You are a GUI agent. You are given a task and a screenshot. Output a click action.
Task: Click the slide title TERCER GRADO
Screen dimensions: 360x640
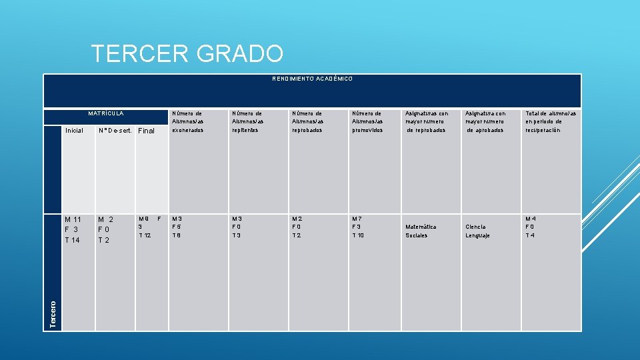187,53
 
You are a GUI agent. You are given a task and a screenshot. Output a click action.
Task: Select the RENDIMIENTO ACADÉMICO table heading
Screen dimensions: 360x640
312,79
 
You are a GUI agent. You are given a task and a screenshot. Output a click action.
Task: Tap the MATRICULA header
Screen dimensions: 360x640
106,113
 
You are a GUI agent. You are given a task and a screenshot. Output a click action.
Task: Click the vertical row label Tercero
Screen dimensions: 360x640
53,313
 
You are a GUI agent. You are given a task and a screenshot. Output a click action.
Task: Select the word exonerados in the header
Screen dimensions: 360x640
187,130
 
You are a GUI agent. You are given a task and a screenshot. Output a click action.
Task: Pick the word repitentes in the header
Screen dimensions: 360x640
246,130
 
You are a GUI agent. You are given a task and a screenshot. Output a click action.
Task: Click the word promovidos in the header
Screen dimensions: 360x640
368,130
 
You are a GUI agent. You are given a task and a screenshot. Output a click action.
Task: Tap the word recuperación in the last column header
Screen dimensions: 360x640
543,130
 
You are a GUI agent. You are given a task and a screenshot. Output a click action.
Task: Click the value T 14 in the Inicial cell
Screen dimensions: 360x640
72,240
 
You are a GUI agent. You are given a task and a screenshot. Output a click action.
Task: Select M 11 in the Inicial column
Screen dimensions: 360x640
73,219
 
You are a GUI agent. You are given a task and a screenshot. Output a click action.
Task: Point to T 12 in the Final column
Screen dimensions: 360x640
145,235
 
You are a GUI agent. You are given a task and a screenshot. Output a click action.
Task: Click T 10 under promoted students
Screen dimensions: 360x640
359,235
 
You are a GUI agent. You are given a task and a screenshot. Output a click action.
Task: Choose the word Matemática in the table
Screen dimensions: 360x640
421,227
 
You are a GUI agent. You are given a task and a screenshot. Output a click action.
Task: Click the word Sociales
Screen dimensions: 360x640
417,235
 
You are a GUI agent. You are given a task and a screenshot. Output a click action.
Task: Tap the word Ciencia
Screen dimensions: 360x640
475,227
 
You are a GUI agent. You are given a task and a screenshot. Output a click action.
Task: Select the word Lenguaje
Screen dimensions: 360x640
478,235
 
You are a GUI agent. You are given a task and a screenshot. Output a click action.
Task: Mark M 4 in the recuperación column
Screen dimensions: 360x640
531,219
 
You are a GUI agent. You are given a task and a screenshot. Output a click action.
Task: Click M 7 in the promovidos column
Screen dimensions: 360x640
358,219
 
